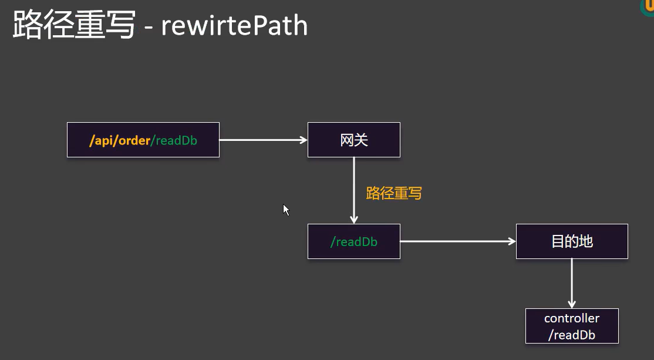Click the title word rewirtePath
234,26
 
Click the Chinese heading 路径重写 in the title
74,26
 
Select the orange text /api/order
120,141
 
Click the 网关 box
353,140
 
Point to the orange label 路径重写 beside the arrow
394,193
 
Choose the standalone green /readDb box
353,241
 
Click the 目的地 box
572,241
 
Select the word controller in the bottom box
572,318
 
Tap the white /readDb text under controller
572,335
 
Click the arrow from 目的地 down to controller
572,282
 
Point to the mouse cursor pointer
286,210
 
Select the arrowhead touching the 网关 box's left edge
304,140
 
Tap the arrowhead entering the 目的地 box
512,241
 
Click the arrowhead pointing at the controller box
572,304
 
